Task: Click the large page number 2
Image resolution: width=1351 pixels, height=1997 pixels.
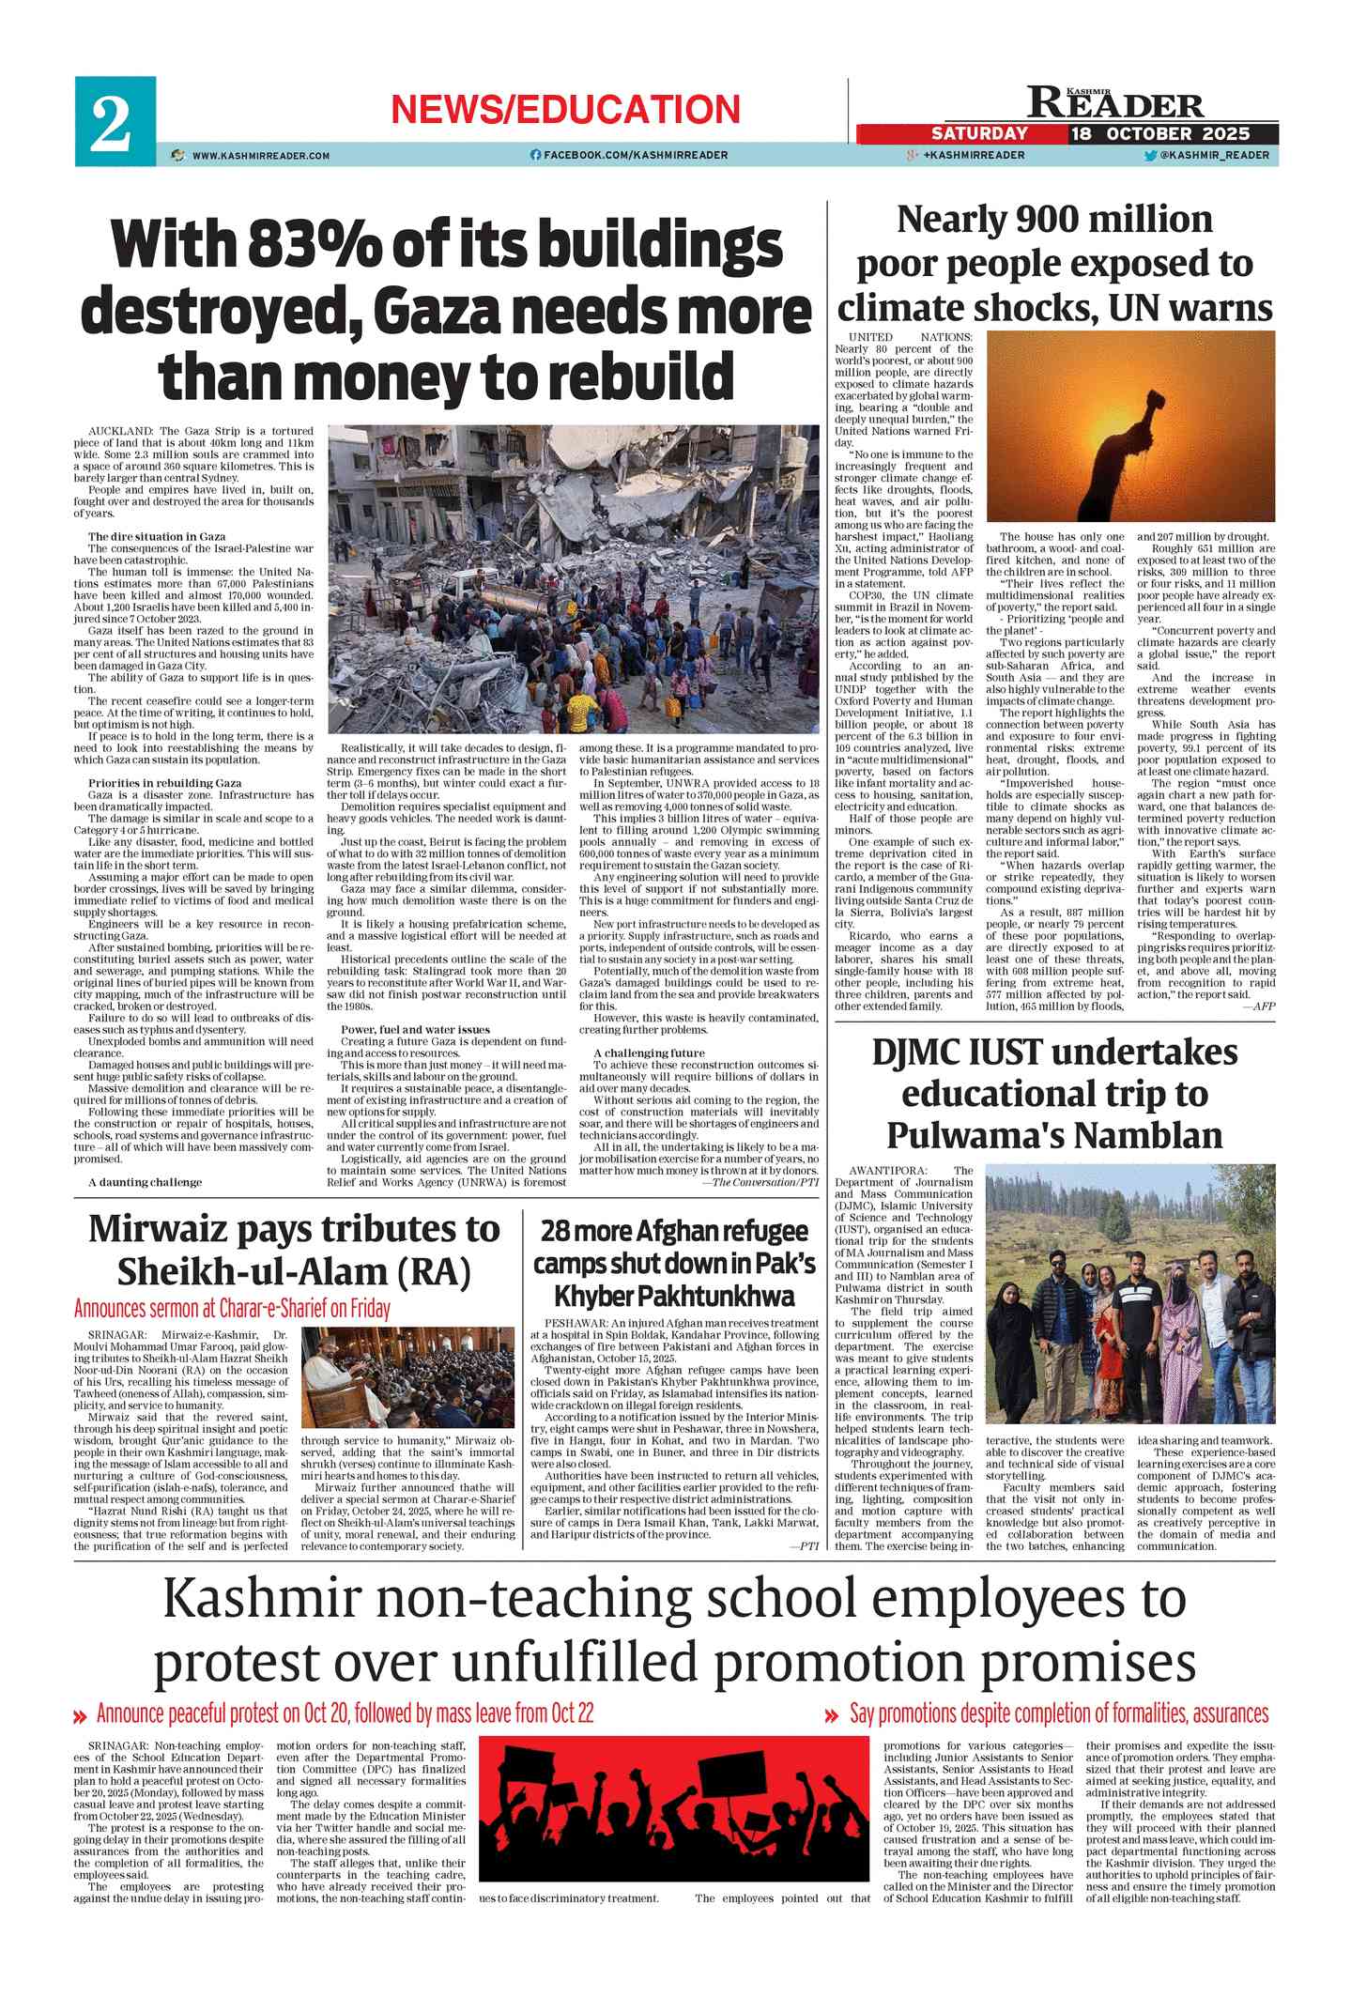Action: (x=112, y=123)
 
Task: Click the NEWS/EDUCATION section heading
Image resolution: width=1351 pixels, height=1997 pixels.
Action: (x=565, y=110)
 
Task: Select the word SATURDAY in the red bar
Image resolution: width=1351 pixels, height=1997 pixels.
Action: (x=979, y=133)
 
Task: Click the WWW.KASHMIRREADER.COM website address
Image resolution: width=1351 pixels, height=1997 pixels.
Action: (x=261, y=156)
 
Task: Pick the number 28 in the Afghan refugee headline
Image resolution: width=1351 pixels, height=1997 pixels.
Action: (x=555, y=1231)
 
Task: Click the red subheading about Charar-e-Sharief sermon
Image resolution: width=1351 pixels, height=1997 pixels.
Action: (x=232, y=1308)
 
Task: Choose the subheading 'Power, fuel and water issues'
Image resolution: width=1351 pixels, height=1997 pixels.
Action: (x=415, y=1030)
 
